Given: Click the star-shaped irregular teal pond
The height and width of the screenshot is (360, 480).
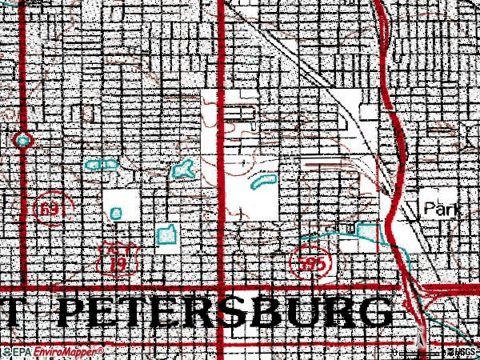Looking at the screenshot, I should (x=183, y=168).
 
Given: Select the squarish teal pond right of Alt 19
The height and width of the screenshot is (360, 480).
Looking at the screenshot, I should (x=166, y=234).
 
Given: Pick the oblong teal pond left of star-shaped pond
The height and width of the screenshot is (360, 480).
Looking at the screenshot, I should (x=101, y=166).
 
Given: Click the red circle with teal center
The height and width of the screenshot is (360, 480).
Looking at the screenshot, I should (x=23, y=140).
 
